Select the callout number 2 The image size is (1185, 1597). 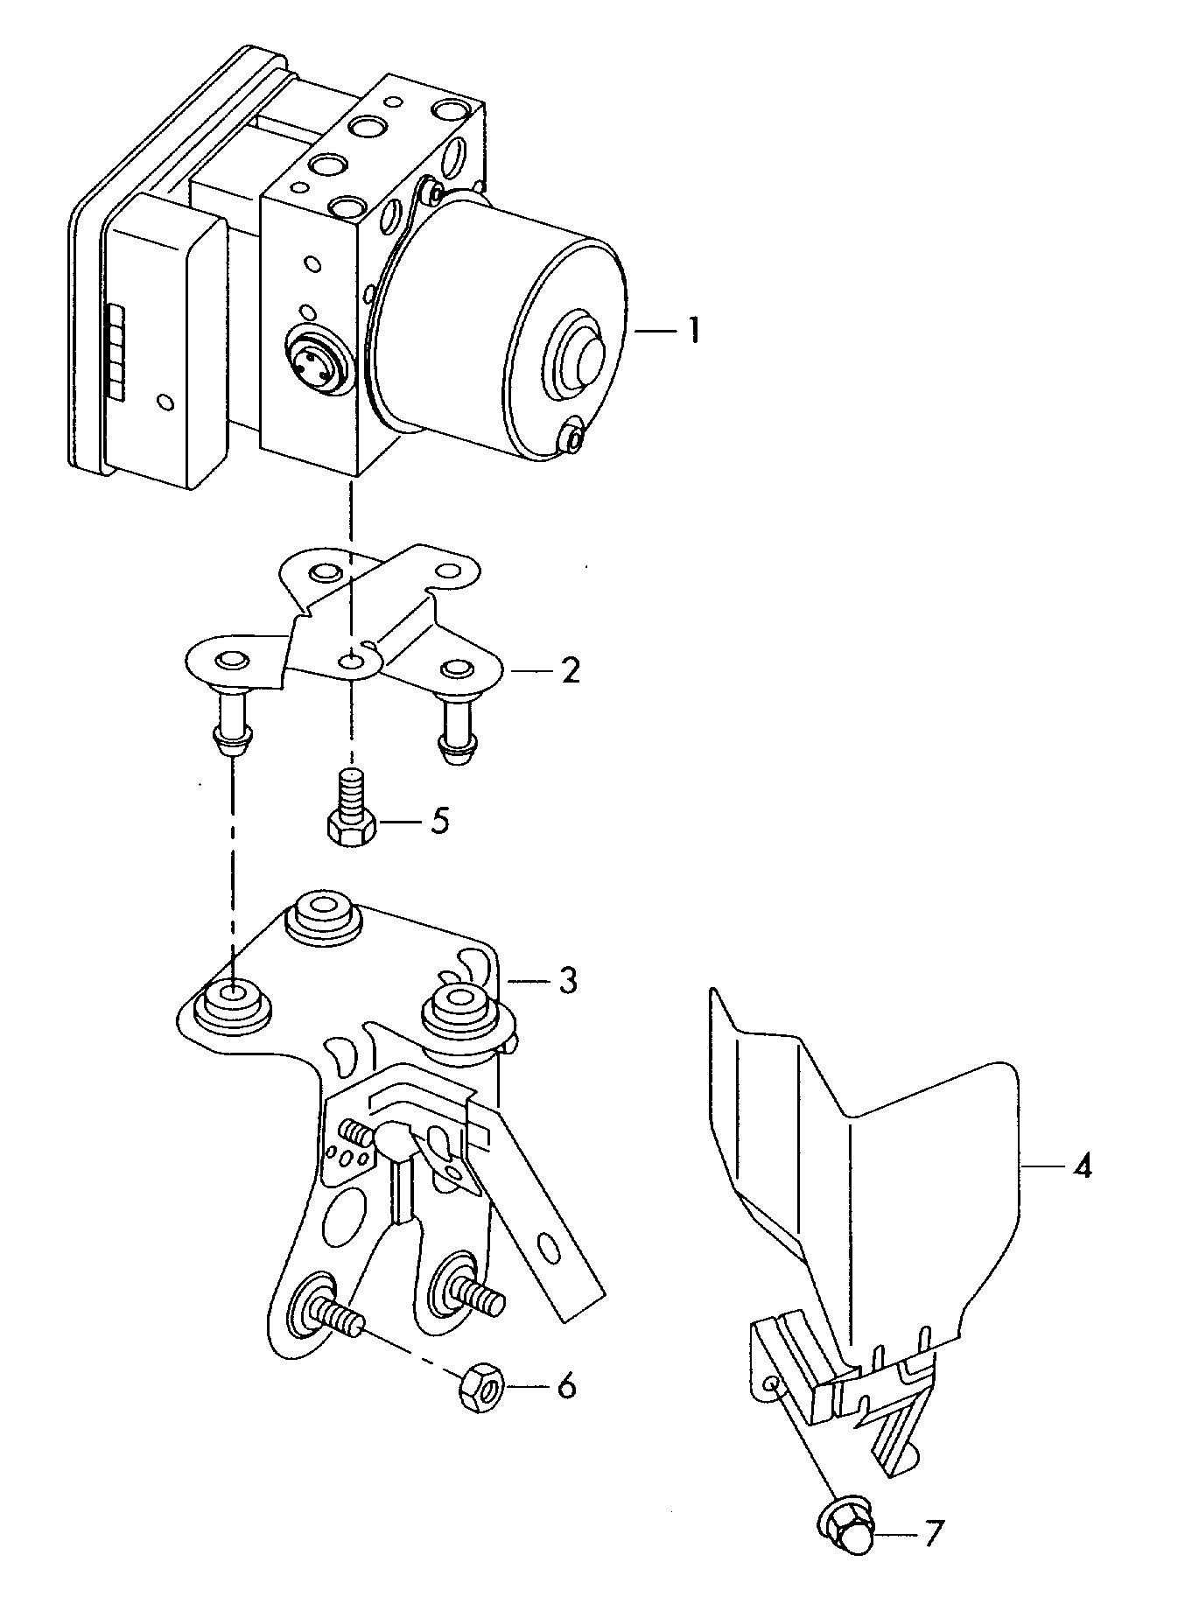tap(570, 671)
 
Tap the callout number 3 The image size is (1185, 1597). tap(568, 981)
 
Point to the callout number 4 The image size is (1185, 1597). tap(1083, 1166)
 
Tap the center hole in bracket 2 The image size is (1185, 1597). tap(352, 662)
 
